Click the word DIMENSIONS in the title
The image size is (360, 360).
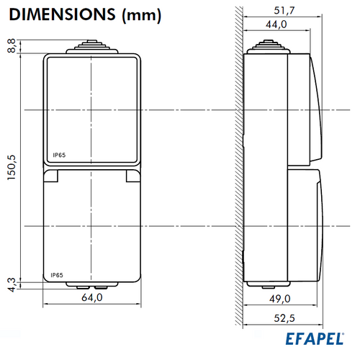pyautogui.click(x=63, y=14)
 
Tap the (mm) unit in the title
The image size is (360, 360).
pyautogui.click(x=142, y=16)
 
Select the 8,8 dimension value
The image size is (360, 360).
pyautogui.click(x=12, y=46)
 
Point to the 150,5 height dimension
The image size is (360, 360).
pyautogui.click(x=12, y=167)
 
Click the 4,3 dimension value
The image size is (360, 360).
pyautogui.click(x=12, y=285)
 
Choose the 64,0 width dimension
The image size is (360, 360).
pyautogui.click(x=92, y=297)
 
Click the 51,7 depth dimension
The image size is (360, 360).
pyautogui.click(x=284, y=11)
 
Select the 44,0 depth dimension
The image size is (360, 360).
pyautogui.click(x=276, y=24)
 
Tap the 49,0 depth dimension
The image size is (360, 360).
pyautogui.click(x=280, y=299)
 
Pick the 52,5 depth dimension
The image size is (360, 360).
pyautogui.click(x=284, y=318)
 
